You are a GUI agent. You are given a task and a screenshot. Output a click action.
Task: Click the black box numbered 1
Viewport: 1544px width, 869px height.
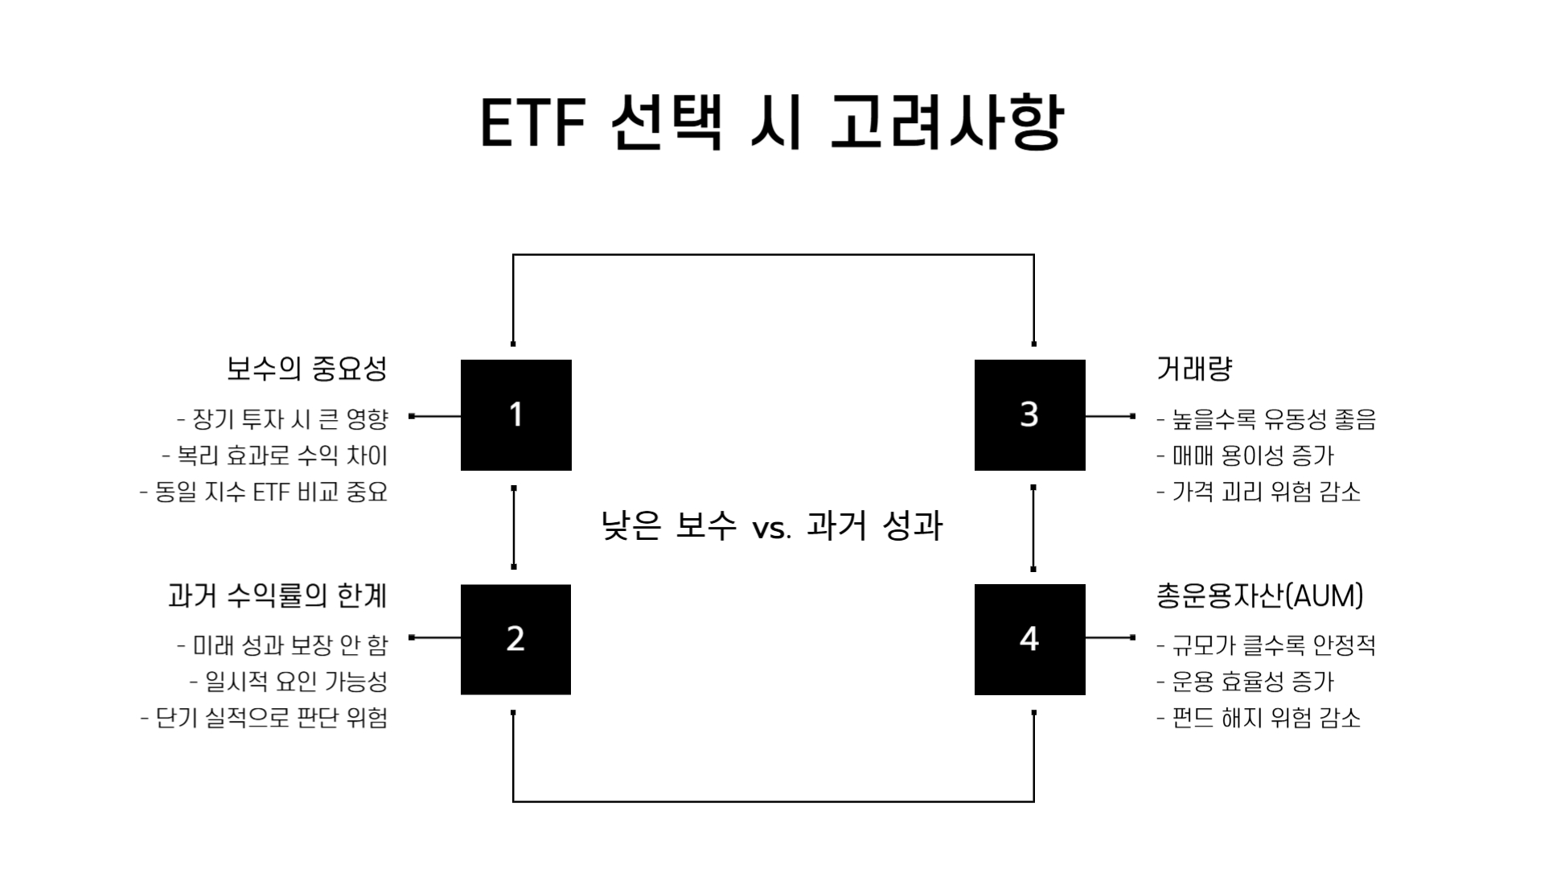point(515,415)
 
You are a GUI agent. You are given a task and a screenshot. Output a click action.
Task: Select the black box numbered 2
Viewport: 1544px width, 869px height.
point(515,640)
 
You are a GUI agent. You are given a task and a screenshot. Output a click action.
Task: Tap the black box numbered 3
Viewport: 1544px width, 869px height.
point(1029,415)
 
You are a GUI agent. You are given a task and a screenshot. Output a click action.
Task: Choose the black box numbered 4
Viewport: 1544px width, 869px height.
point(1029,640)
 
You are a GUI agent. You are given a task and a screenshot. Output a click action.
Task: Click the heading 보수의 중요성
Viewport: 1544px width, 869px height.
point(306,369)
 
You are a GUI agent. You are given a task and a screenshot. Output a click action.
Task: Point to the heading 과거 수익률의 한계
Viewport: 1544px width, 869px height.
point(277,595)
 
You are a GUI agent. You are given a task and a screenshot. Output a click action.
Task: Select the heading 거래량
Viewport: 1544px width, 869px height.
point(1194,369)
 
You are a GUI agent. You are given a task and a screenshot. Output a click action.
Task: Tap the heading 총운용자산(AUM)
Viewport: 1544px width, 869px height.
point(1259,595)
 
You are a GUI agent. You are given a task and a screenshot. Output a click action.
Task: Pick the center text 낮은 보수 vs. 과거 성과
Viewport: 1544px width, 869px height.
point(772,526)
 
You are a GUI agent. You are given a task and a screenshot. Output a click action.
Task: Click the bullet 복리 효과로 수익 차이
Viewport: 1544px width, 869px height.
point(275,456)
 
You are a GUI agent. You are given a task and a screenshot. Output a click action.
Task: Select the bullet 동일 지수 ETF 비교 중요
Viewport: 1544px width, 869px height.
point(264,492)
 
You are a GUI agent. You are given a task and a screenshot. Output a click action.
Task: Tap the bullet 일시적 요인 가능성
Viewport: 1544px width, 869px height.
point(289,682)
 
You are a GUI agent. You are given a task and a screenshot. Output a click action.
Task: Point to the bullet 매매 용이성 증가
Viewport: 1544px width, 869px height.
point(1246,456)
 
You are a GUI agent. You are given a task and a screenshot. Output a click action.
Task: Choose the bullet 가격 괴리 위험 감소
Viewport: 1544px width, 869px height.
point(1259,492)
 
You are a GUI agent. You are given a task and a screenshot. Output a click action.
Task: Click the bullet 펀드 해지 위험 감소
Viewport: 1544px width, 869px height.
point(1259,719)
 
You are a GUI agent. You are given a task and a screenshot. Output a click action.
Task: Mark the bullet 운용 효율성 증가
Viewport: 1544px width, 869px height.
point(1246,682)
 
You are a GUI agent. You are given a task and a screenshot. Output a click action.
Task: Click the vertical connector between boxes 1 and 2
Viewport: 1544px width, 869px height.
point(514,528)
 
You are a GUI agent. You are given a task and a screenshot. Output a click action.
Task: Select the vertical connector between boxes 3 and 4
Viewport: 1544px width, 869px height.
point(1033,528)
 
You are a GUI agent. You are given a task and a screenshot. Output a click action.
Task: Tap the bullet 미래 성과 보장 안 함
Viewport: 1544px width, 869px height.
point(282,645)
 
